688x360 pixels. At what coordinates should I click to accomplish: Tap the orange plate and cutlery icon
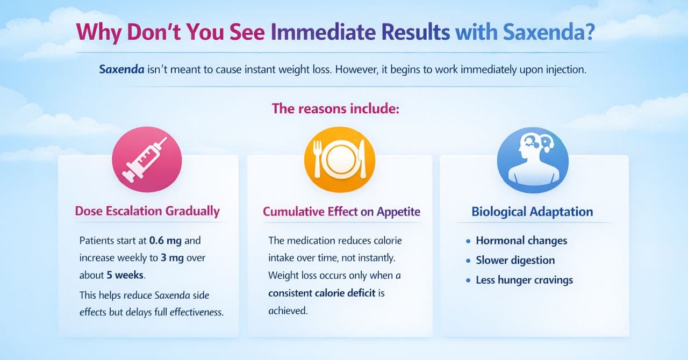click(x=339, y=160)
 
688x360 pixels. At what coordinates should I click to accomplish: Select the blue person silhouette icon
click(x=532, y=160)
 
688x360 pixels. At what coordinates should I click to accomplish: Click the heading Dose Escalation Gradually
click(x=147, y=211)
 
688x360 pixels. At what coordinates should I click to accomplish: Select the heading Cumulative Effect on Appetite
click(x=341, y=212)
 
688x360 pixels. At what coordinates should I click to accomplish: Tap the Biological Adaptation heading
click(x=532, y=212)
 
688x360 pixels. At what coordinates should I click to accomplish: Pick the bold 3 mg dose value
click(x=172, y=258)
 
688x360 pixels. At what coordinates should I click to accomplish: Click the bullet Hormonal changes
click(x=521, y=241)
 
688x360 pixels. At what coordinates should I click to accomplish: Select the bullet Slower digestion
click(x=515, y=261)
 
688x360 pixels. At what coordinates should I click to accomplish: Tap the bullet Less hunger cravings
click(x=524, y=280)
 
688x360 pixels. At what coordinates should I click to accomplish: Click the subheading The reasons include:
click(x=335, y=109)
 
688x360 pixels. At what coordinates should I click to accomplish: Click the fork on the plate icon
click(x=317, y=160)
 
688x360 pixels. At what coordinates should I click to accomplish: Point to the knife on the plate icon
click(x=362, y=160)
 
